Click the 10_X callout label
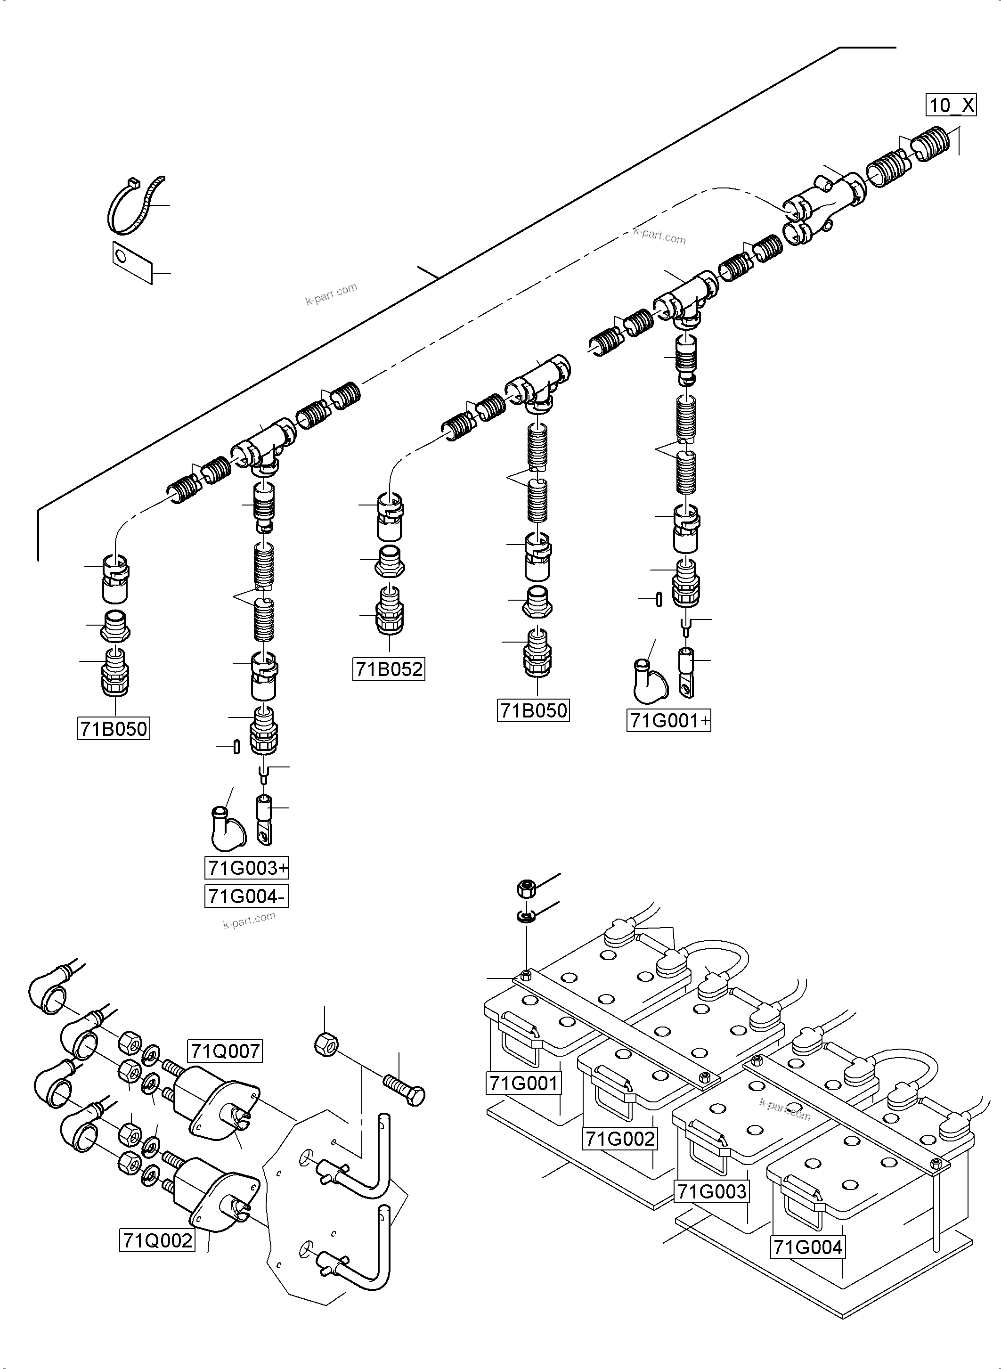[950, 106]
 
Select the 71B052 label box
[389, 669]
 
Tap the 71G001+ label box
[668, 721]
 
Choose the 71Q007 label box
[225, 1051]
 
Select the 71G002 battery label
[620, 1139]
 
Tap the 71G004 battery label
[808, 1247]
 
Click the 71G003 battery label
[712, 1191]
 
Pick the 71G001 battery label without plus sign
[523, 1083]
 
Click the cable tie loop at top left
[135, 206]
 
